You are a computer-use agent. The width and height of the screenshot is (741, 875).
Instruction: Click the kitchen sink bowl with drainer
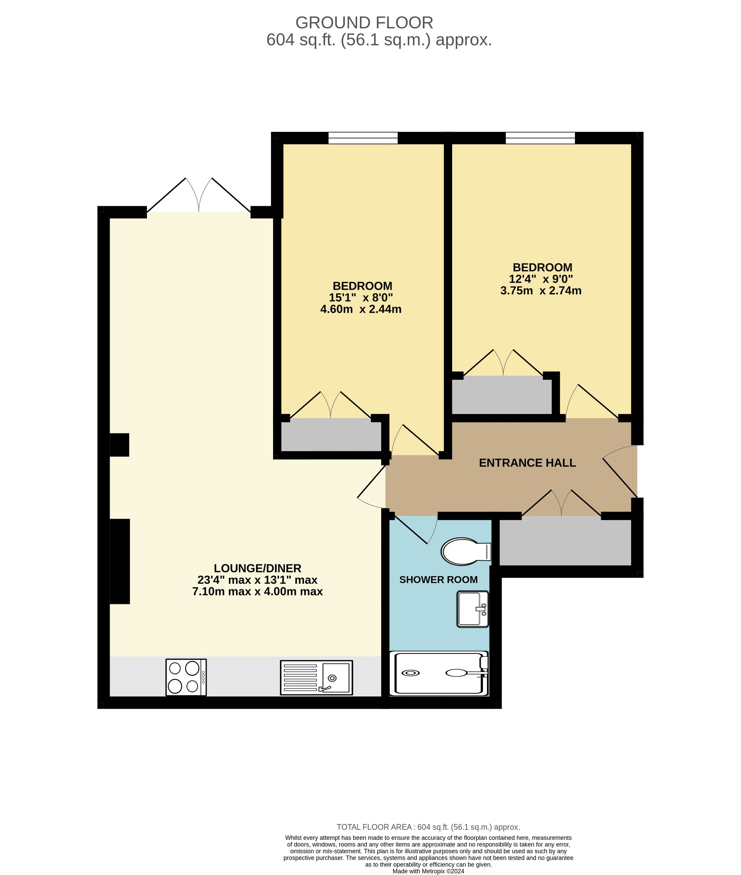[316, 677]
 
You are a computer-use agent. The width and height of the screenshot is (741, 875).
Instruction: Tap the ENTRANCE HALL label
[527, 463]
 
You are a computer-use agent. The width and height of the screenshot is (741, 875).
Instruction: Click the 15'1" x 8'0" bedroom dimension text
[361, 297]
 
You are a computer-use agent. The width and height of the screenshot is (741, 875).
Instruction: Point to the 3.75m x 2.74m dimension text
[541, 290]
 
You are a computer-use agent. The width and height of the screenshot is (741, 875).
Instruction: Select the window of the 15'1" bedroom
[363, 138]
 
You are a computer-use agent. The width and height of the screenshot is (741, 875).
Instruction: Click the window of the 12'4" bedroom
[540, 138]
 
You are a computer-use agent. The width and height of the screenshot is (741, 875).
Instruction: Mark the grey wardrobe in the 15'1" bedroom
[331, 435]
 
